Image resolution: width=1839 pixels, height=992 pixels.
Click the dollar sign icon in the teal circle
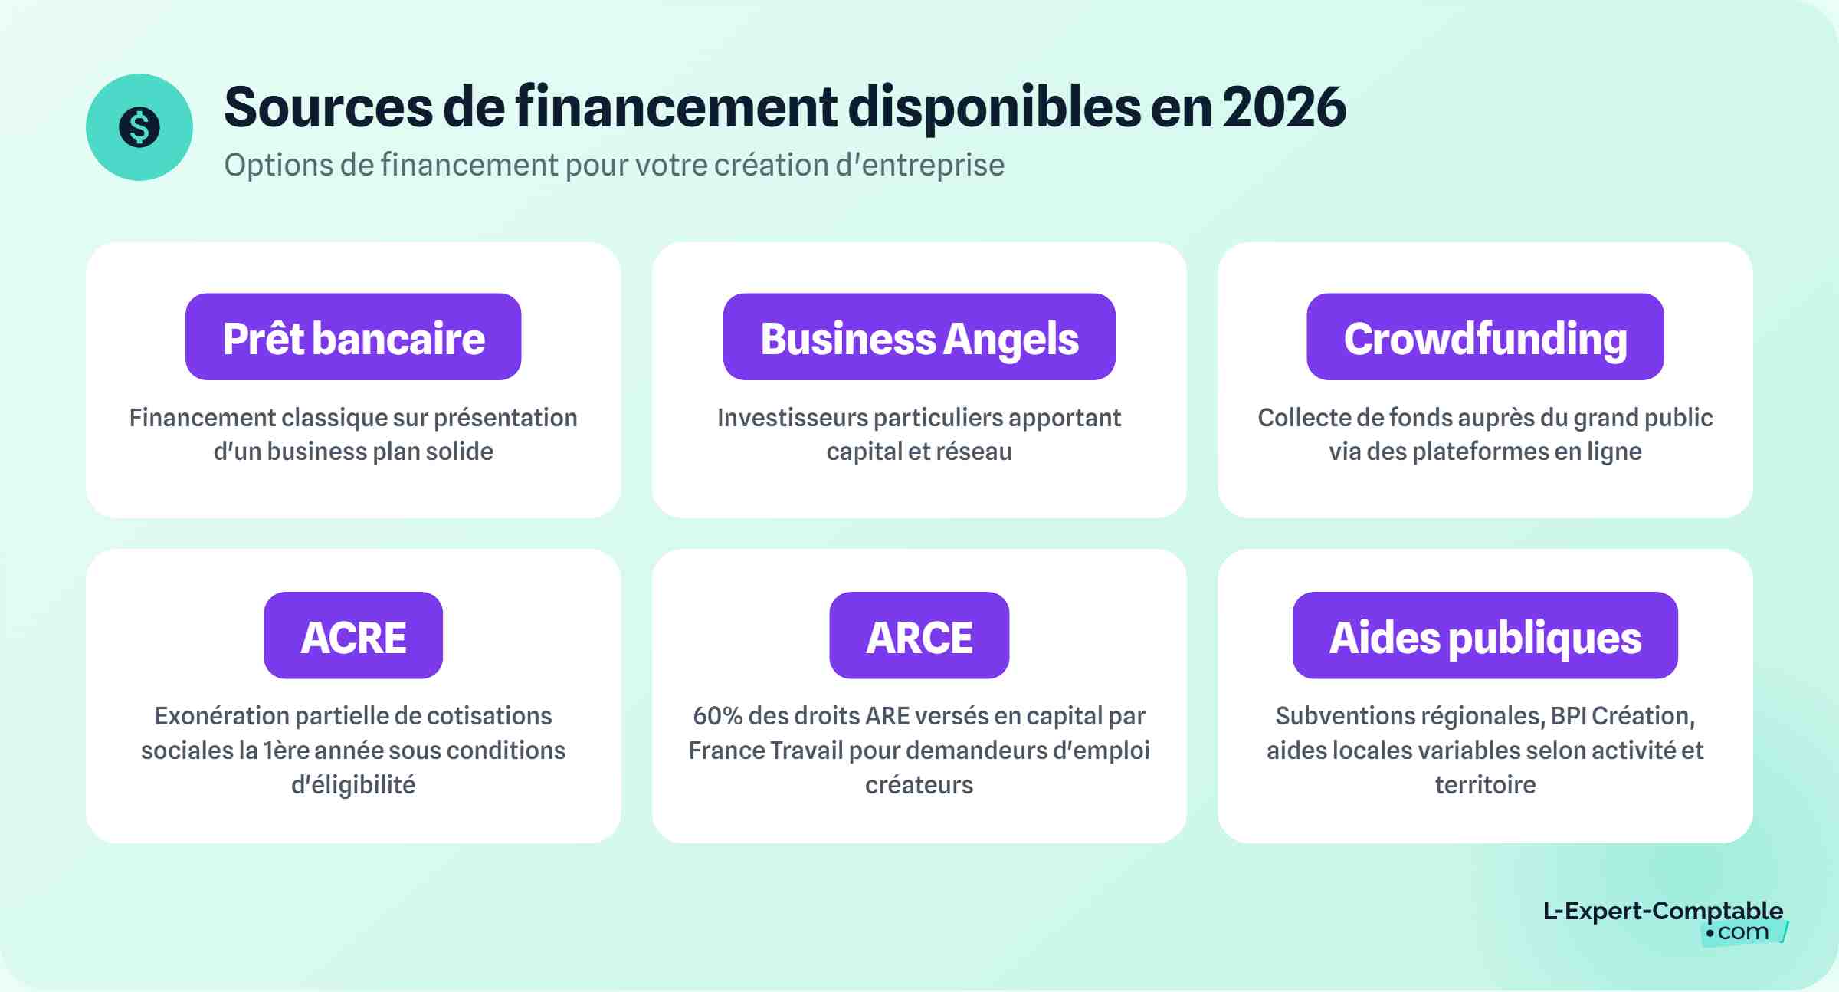(x=139, y=127)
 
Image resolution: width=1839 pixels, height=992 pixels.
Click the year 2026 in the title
(x=1283, y=107)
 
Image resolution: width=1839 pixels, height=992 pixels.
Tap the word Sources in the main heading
(x=328, y=107)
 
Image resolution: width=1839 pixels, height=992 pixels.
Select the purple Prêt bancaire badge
(x=353, y=337)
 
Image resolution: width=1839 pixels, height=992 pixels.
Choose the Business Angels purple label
(x=919, y=337)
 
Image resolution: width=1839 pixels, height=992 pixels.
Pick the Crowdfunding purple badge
(x=1485, y=337)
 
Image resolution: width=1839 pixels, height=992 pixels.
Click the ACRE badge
(x=353, y=636)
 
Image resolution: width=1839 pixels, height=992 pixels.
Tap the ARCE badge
(x=919, y=636)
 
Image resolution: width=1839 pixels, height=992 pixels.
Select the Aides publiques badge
(x=1485, y=636)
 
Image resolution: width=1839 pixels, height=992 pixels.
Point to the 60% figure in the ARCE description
(x=717, y=716)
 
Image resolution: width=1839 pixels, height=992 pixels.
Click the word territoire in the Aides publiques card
(x=1485, y=785)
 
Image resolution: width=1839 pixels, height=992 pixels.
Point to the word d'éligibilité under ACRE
(x=353, y=785)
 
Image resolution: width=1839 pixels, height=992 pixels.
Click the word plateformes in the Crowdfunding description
(x=1480, y=452)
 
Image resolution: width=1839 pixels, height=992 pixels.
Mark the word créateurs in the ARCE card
(x=919, y=785)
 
